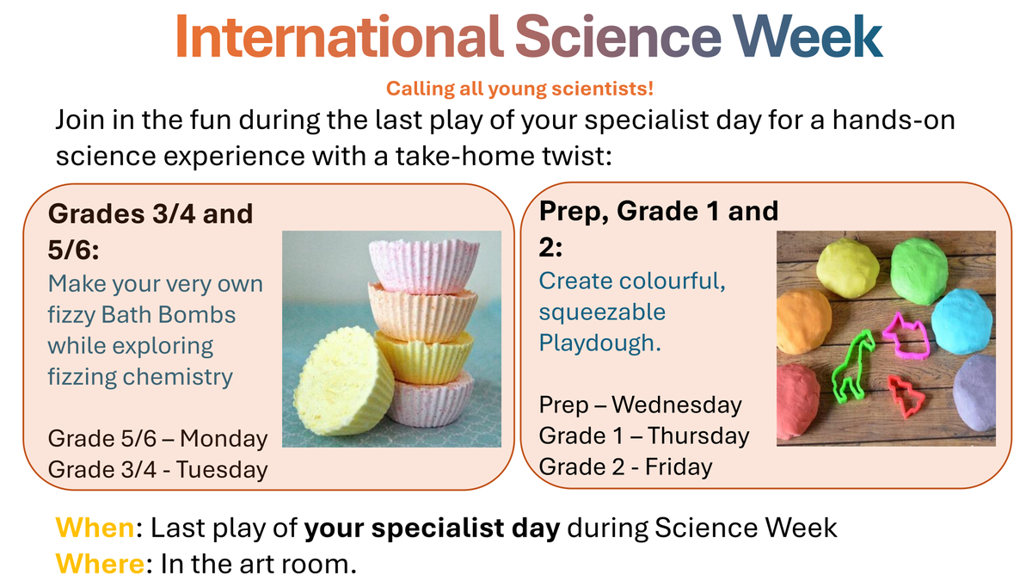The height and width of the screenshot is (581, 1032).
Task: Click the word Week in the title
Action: [x=808, y=36]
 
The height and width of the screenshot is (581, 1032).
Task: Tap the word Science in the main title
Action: [x=617, y=36]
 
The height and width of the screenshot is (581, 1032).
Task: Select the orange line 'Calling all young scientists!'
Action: [x=519, y=89]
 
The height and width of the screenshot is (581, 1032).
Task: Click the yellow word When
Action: [x=95, y=527]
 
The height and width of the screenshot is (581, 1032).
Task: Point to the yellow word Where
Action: [x=100, y=564]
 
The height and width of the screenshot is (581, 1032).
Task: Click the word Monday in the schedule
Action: [x=224, y=438]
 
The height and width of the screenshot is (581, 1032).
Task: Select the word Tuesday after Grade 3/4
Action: [x=222, y=469]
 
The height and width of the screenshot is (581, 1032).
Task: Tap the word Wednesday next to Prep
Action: [x=676, y=405]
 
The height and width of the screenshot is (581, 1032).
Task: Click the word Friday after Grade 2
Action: [x=679, y=467]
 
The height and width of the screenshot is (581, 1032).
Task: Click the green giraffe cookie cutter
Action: [x=852, y=368]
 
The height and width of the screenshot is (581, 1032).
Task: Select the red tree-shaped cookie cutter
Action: [x=906, y=397]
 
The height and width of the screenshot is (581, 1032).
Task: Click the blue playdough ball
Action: [x=961, y=321]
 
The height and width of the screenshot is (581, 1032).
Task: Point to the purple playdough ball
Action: [x=974, y=393]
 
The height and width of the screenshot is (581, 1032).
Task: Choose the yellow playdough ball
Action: [x=848, y=269]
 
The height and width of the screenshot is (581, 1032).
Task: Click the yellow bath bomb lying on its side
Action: [x=343, y=381]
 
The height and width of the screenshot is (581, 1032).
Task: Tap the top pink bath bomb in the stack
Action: [x=424, y=266]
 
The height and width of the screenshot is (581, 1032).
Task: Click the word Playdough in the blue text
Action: [x=600, y=343]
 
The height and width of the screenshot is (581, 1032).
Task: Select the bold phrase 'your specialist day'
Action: [x=432, y=528]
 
